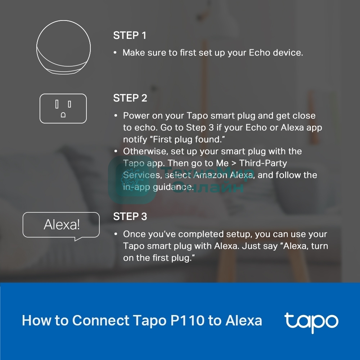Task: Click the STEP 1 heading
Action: point(130,36)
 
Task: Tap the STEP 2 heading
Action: point(130,98)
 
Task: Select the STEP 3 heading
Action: point(130,216)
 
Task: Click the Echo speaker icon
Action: point(64,47)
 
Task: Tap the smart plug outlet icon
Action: point(63,108)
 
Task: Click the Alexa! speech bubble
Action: point(61,226)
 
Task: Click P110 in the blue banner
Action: point(187,320)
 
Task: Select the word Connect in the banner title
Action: point(101,320)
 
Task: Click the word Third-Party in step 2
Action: point(263,163)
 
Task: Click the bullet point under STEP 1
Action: point(115,53)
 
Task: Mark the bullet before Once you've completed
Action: point(116,234)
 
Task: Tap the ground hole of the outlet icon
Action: point(63,115)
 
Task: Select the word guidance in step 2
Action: point(174,187)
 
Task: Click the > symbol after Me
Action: point(234,163)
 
